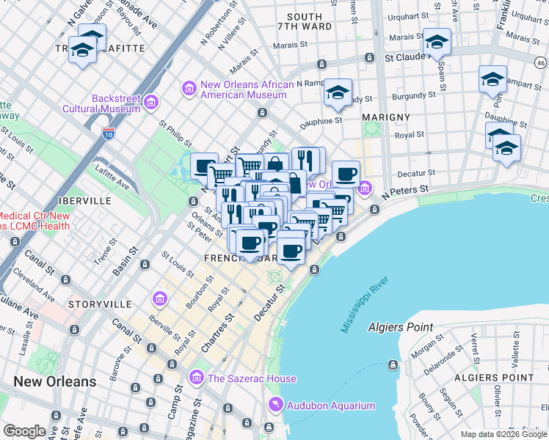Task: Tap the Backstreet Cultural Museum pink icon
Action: tap(151, 101)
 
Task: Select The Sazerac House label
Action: tap(252, 378)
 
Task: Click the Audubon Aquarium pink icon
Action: tap(275, 404)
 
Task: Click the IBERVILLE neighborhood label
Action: tap(87, 200)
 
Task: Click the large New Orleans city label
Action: tap(55, 381)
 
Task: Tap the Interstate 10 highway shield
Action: tap(109, 133)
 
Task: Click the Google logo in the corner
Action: tap(24, 431)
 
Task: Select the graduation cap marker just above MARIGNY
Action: tap(338, 92)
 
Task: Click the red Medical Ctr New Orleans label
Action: tap(35, 221)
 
